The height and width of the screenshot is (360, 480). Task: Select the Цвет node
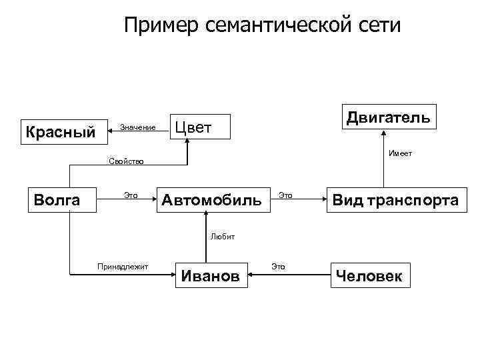pos(200,125)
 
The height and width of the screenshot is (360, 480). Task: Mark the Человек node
pos(370,275)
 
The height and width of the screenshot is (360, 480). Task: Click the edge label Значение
pos(137,127)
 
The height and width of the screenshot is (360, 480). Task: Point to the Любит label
pos(222,237)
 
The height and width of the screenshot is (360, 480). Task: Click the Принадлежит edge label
pos(123,267)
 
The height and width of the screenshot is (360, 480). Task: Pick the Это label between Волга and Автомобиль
pos(131,195)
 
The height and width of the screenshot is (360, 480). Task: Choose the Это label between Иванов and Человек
pos(278,267)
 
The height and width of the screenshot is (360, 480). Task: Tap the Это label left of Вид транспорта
pos(285,195)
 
